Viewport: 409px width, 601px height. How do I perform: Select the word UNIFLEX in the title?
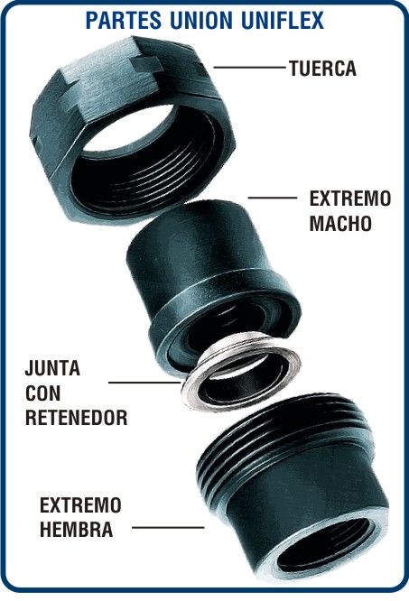pos(283,21)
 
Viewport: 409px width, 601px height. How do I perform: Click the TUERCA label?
pos(322,69)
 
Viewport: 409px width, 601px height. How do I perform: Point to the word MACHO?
pos(340,224)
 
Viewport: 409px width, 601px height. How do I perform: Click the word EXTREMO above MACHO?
pos(350,199)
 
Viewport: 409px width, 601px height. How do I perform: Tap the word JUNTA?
pos(52,368)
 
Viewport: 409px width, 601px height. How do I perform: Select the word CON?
pos(42,393)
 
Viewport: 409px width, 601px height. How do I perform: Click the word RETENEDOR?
pos(76,418)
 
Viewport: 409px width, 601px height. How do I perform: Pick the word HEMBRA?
pos(76,530)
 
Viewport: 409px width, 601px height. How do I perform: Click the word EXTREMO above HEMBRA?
pos(80,505)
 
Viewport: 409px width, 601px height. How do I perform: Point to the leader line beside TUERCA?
pos(249,68)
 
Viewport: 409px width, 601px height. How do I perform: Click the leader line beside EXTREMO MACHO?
pos(273,198)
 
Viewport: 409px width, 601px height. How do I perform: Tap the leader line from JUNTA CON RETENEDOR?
pos(144,382)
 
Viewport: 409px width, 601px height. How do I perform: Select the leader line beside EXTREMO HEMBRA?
pos(168,527)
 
